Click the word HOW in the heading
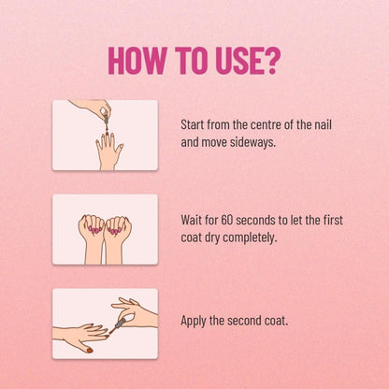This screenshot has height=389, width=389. click(137, 61)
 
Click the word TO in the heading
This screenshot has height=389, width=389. click(191, 61)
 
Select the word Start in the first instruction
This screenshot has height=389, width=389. click(193, 125)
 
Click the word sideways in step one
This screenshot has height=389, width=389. click(252, 143)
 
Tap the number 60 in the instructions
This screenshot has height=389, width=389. click(226, 221)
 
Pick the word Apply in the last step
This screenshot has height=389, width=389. click(194, 321)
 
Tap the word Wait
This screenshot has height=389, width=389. click(192, 221)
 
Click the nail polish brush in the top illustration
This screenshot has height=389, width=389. click(107, 123)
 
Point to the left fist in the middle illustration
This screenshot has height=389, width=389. click(92, 229)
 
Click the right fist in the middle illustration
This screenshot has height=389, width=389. click(118, 230)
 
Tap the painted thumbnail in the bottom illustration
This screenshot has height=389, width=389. click(90, 351)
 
